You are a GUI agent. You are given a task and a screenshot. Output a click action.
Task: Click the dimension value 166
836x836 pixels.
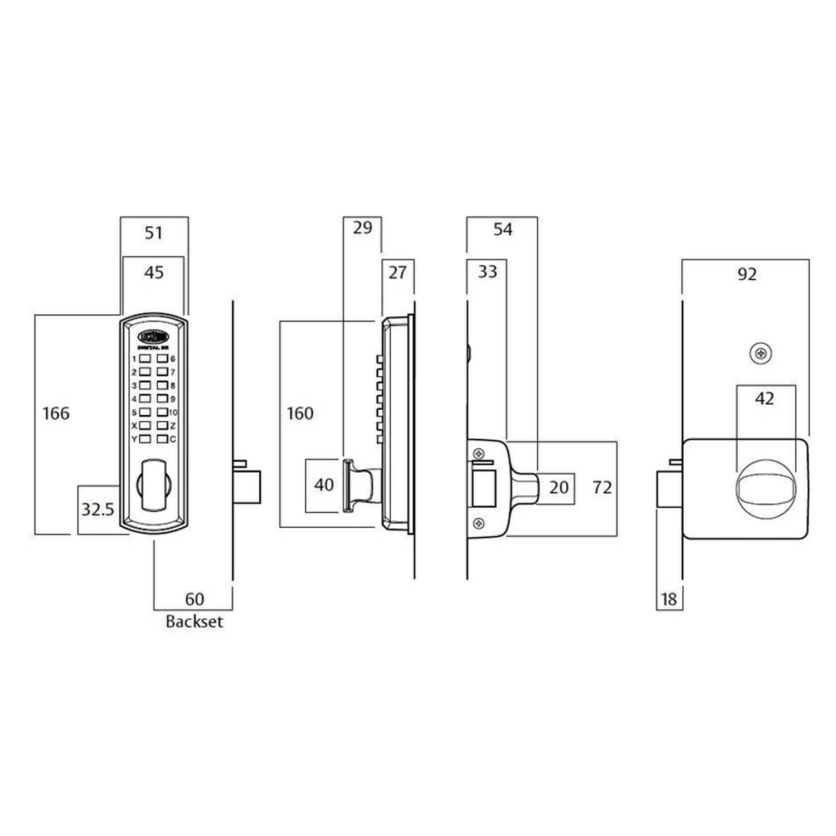pos(56,414)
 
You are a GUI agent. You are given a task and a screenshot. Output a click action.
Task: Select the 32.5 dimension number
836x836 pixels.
pos(98,509)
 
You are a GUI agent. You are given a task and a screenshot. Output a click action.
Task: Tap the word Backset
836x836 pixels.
pos(194,621)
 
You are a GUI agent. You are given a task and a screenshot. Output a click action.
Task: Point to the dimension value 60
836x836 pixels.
pos(195,599)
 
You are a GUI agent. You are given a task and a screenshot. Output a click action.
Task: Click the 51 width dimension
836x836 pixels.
pos(154,232)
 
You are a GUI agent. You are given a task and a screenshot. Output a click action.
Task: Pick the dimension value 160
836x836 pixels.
pos(300,414)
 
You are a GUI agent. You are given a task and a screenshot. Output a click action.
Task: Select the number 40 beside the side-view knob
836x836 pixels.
pos(324,485)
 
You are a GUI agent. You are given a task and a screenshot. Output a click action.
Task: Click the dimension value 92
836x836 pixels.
pos(747,274)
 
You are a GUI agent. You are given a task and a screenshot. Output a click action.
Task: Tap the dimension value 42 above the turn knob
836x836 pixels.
pos(765,398)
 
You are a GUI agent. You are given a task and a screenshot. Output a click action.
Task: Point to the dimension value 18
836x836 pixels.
pos(669,599)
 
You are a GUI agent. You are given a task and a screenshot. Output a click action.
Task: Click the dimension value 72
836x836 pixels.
pos(602,488)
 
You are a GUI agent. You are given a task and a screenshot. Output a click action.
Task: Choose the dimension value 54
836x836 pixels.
pos(503,229)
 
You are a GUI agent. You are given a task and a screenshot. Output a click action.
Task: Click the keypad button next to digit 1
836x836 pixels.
pos(145,358)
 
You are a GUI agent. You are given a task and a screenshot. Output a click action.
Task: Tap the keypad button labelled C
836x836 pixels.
pos(162,439)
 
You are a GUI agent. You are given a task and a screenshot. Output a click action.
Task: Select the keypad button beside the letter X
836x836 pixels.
pos(145,426)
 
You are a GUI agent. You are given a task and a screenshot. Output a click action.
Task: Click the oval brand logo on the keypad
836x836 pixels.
pos(153,337)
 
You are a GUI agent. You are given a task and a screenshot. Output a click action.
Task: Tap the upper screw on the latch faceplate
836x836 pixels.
pos(478,453)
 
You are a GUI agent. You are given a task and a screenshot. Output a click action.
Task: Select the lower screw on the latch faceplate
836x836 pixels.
pos(478,523)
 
